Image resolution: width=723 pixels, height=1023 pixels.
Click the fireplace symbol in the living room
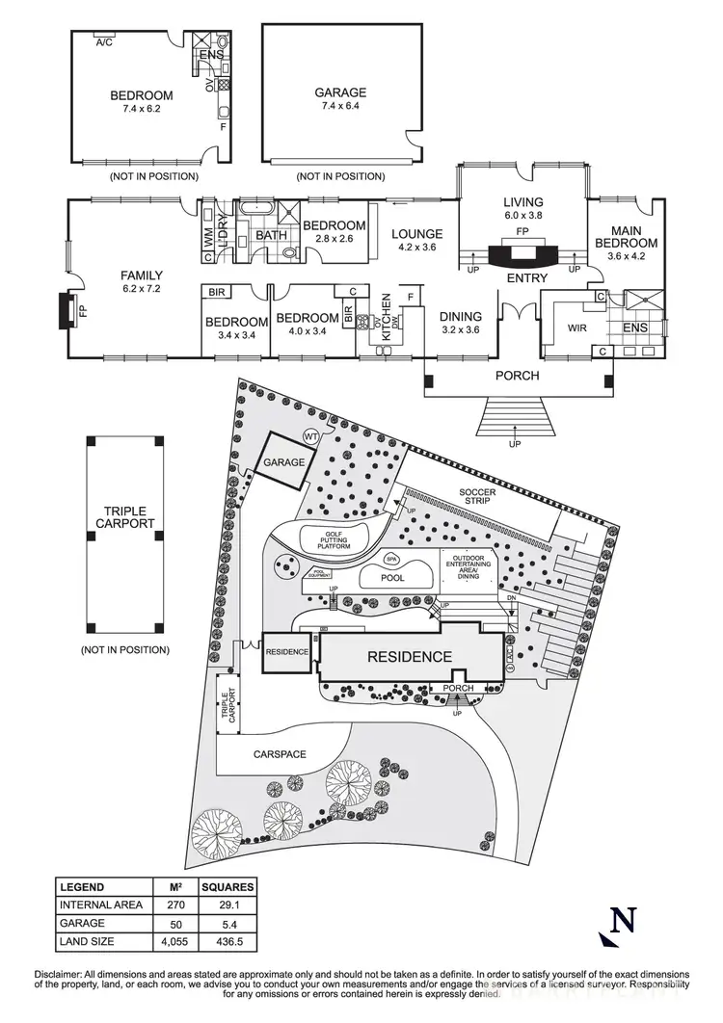(522, 256)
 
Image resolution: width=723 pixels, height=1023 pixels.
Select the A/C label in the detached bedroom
(104, 41)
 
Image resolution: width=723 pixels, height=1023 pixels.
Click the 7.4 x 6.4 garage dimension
(340, 109)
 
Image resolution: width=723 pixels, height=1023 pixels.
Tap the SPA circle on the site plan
(391, 559)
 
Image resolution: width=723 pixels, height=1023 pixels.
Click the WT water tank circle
(311, 435)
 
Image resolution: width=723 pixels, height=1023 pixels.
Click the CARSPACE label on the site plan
(279, 754)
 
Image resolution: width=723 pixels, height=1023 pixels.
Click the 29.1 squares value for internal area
(227, 905)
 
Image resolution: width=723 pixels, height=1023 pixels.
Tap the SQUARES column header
(228, 886)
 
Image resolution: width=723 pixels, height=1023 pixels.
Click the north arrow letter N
(625, 920)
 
